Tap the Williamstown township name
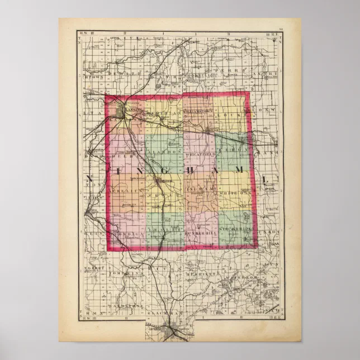click(x=199, y=112)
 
